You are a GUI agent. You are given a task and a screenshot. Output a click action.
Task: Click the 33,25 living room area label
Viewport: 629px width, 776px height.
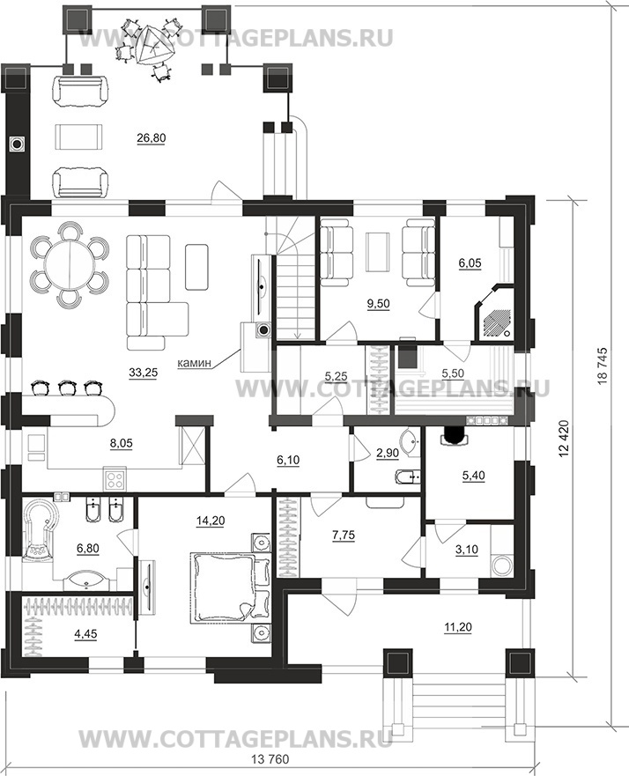tap(143, 373)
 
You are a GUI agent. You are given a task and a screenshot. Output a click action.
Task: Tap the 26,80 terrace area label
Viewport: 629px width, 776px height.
tap(152, 138)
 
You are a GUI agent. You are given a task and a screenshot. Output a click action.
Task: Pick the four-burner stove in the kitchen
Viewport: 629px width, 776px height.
tap(115, 479)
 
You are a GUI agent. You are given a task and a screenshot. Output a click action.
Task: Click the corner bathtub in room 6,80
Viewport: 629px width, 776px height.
tap(39, 529)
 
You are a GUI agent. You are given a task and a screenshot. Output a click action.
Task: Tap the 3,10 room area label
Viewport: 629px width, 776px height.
tap(467, 551)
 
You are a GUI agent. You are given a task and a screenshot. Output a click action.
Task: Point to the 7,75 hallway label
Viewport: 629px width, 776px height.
tap(344, 536)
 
